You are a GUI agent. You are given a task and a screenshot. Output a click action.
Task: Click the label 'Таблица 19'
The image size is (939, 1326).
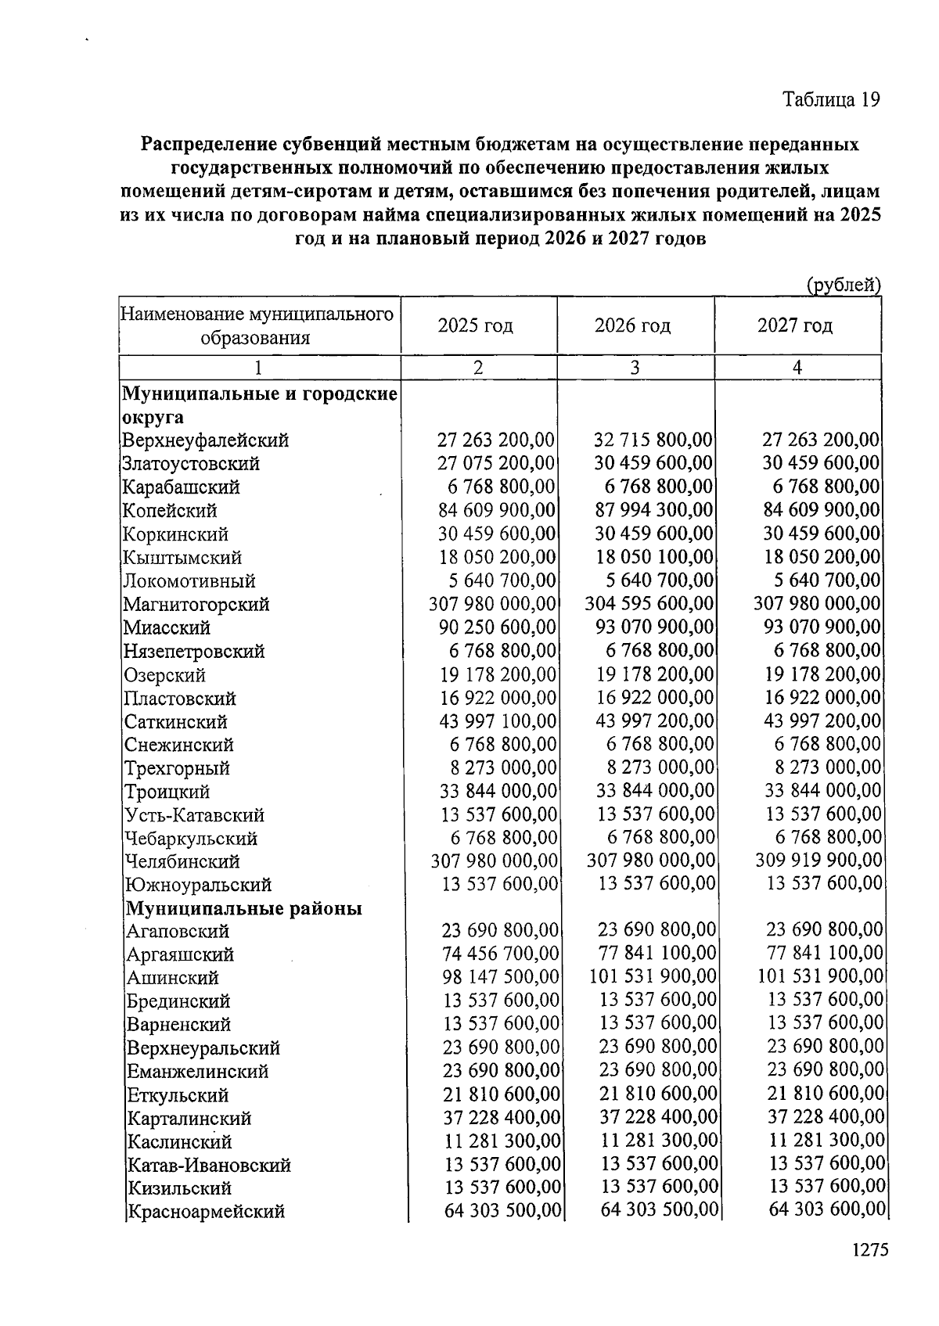831,100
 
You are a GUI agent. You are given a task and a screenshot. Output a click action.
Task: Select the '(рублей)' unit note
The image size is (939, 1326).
844,285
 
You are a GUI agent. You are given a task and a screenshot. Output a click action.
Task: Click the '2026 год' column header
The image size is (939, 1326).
632,325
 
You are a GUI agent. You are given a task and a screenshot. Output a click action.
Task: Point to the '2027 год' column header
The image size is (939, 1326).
795,325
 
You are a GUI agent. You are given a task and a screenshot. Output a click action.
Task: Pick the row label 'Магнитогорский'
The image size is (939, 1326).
196,605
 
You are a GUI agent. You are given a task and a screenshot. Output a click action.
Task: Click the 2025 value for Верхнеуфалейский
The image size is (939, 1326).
495,440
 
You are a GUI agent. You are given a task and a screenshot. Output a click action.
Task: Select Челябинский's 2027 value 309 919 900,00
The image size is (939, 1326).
818,861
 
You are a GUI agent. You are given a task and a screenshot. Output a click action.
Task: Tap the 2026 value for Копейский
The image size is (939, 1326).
653,511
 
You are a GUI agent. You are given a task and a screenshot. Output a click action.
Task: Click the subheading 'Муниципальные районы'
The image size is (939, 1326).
244,908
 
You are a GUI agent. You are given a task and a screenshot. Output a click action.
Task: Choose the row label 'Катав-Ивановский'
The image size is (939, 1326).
209,1165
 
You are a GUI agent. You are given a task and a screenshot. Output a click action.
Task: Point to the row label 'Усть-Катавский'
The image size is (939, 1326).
194,815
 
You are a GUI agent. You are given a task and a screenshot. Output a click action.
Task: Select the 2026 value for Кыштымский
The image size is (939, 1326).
654,558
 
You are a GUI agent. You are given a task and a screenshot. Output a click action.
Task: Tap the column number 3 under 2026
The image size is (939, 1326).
635,368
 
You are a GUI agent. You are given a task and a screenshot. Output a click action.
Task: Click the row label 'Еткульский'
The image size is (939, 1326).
178,1095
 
